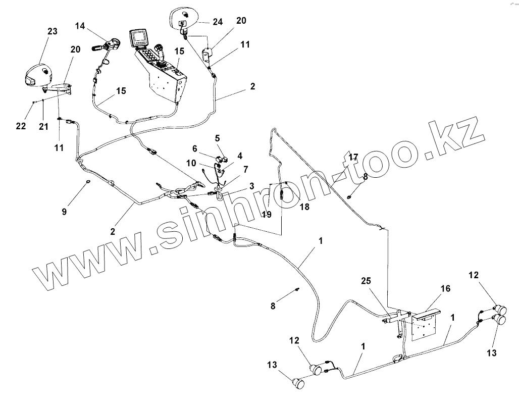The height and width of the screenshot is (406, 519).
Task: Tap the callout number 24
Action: (x=218, y=22)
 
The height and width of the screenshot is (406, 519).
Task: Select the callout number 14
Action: (x=81, y=25)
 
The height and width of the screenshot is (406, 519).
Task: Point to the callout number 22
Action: (x=21, y=126)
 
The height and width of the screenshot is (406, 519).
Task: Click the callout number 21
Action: (x=44, y=126)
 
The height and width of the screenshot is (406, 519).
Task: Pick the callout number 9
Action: (x=64, y=212)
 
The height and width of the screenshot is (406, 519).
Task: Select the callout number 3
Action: (x=251, y=187)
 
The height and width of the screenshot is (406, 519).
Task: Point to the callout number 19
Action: (x=267, y=214)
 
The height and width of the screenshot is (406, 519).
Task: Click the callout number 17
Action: (x=353, y=158)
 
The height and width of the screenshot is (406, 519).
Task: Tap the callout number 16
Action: (x=445, y=288)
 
